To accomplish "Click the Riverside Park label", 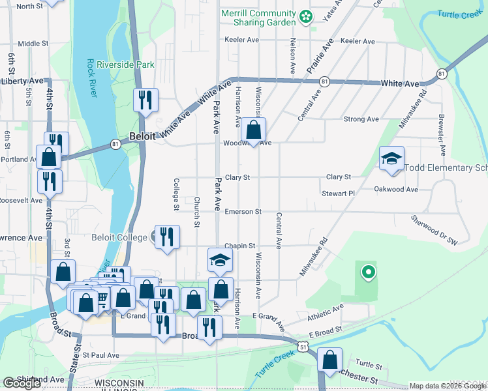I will click(125, 65).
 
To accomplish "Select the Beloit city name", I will click(142, 137).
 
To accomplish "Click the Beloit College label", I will click(119, 237).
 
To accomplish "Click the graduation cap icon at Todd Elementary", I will click(392, 158).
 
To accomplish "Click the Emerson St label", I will click(243, 212).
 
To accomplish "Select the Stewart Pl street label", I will click(337, 194).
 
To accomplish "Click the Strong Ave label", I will click(361, 119).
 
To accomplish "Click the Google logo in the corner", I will click(22, 383).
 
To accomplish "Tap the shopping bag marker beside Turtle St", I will click(331, 359).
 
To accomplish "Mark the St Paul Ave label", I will click(100, 355).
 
